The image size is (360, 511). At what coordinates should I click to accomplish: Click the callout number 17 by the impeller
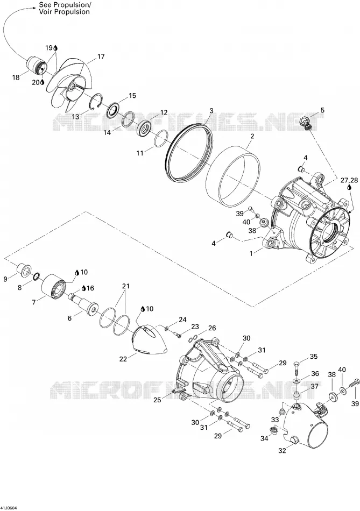[101, 56]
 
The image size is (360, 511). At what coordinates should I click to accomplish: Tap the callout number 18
[16, 77]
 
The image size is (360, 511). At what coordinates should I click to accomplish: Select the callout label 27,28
[349, 180]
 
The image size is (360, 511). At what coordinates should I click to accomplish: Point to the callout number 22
[123, 359]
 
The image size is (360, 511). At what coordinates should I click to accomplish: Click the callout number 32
[282, 451]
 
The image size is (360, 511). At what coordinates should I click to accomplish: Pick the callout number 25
[157, 400]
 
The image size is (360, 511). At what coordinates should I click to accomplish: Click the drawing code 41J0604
[9, 508]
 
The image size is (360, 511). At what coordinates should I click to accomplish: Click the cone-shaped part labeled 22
[151, 340]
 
